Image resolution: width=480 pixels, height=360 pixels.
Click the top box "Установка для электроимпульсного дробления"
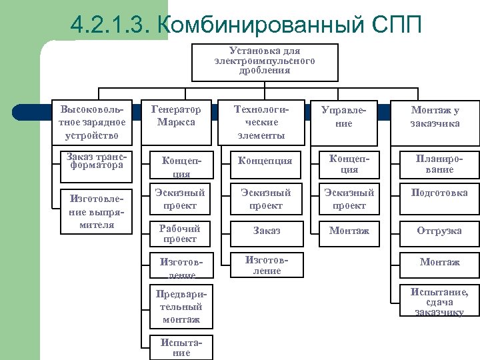pos(265,61)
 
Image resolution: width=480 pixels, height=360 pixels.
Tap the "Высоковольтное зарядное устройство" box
pos(93,122)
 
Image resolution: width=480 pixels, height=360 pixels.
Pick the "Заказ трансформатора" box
pos(95,161)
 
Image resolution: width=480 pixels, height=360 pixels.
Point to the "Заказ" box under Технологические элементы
pos(266,231)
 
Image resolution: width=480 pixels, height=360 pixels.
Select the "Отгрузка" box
pos(439,231)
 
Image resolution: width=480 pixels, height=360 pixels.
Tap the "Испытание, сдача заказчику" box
pos(439,301)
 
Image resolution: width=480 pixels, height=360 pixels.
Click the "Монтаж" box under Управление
pos(349,231)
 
